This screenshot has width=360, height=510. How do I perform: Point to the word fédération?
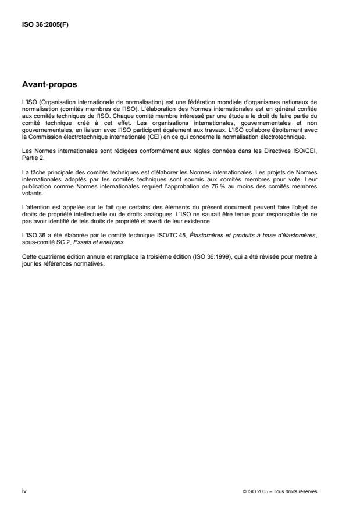click(x=195, y=102)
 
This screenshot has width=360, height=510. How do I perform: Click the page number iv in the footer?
click(x=23, y=491)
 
